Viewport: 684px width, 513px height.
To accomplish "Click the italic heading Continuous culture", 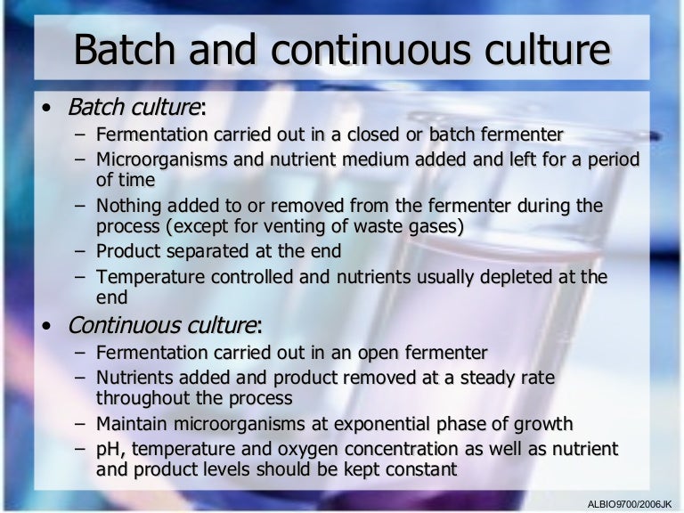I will tap(165, 324).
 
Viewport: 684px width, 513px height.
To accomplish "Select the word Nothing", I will tap(127, 206).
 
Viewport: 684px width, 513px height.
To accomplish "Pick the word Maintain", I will tap(132, 423).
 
